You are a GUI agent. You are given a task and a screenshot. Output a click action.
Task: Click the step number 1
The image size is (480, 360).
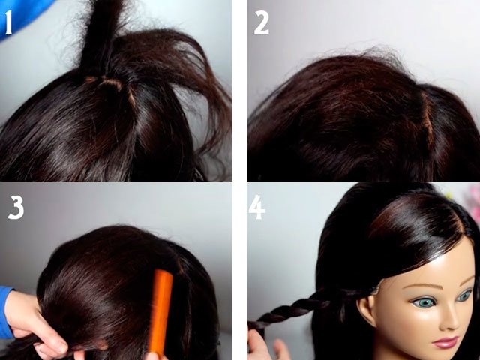coord(8,22)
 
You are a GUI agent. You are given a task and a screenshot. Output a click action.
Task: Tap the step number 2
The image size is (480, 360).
coord(261,22)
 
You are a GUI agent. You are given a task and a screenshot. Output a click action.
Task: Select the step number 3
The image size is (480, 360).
coord(16,208)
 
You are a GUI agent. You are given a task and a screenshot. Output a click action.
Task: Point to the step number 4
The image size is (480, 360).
coord(256,207)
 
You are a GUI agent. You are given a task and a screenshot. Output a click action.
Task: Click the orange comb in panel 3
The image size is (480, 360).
coord(160,312)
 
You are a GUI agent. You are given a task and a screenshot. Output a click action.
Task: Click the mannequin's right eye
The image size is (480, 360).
coord(465,295)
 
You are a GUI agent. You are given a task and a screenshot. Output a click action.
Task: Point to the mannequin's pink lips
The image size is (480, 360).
coord(445,342)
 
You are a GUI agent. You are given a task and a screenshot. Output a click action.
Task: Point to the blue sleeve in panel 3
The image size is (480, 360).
coord(5,312)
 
